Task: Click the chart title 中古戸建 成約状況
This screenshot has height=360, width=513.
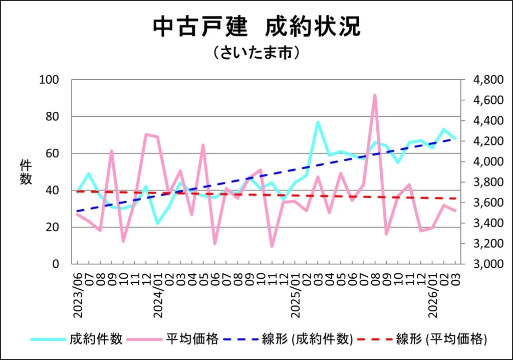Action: click(256, 27)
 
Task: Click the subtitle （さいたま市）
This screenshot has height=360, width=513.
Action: click(256, 53)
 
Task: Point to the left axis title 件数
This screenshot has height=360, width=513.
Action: click(26, 172)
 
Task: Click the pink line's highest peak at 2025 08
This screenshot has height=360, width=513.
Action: click(375, 95)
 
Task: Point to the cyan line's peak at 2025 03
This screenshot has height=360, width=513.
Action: click(318, 122)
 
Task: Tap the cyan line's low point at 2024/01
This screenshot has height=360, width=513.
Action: click(158, 223)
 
